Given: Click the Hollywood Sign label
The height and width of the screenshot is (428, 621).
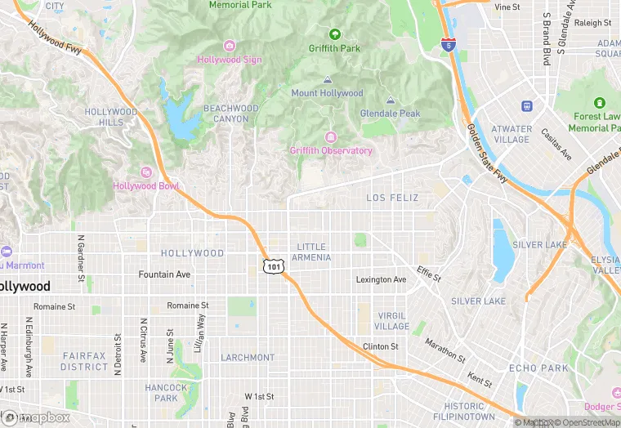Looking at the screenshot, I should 230,60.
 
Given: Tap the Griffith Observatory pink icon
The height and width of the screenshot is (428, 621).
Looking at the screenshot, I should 331,136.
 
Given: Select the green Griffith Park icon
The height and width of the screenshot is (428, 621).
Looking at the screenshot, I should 334,33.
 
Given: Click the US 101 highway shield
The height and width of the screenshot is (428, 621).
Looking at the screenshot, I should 274,266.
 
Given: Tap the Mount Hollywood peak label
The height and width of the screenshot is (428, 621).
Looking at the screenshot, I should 327,93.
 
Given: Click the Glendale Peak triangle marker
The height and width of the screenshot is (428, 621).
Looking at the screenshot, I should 391,100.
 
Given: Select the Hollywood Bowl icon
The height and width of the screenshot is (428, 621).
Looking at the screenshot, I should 146,172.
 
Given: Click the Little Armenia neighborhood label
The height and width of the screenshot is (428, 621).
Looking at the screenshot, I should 311,252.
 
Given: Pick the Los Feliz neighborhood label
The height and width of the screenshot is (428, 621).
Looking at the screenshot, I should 392,198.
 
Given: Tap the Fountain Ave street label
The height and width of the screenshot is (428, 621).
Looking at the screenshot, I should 164,274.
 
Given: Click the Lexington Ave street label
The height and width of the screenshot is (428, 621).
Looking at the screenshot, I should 381,280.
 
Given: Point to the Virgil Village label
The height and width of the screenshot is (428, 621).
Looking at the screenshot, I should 392,321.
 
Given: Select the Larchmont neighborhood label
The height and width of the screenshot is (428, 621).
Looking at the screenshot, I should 248,358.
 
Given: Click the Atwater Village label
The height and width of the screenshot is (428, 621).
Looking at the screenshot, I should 512,134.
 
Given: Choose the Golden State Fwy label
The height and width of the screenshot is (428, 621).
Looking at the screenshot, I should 488,154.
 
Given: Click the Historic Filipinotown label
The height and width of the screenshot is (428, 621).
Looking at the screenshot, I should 464,412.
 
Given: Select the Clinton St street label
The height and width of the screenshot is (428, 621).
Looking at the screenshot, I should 381,347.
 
